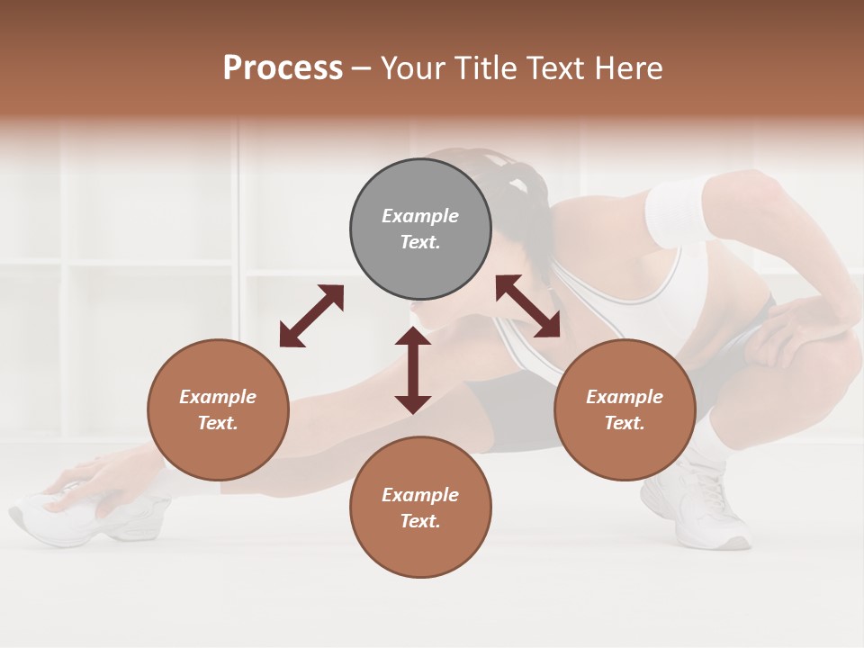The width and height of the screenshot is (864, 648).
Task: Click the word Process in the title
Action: [283, 68]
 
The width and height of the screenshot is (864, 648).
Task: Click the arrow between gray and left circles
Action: [311, 316]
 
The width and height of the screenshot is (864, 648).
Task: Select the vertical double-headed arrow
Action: [413, 370]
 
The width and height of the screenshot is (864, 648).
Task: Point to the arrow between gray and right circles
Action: [528, 306]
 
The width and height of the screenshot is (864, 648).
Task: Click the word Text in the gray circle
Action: [420, 242]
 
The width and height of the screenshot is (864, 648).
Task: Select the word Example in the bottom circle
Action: [420, 495]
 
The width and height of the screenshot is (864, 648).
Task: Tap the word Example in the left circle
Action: [218, 397]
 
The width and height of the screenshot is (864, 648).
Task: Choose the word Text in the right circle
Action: [625, 423]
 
